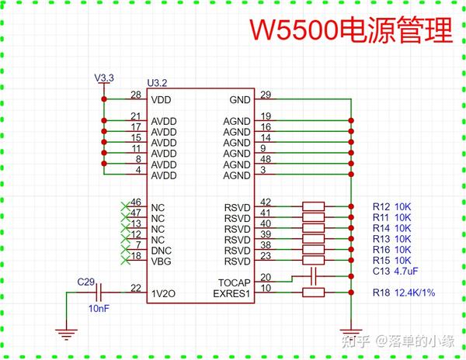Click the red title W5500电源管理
[350, 32]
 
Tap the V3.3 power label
[104, 78]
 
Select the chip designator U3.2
[157, 83]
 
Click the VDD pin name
[162, 100]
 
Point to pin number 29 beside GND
[266, 95]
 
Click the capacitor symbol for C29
[99, 293]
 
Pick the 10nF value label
[99, 309]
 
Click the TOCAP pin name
[234, 283]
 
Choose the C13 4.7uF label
[396, 271]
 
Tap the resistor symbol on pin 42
[313, 207]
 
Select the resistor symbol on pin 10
[313, 293]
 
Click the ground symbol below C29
[68, 333]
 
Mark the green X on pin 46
[125, 204]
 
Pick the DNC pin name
[161, 251]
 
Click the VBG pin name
[161, 261]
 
